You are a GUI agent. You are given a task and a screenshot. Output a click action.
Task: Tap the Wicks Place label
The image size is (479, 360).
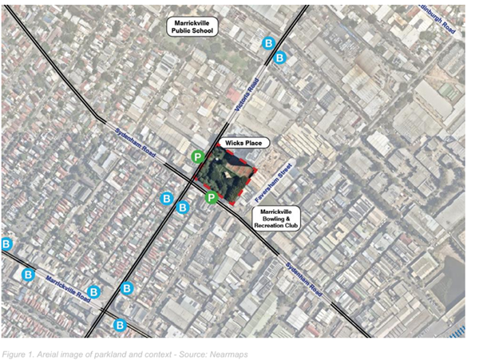[x=244, y=143]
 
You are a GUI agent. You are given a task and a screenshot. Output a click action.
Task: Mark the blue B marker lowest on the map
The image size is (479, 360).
[x=120, y=324]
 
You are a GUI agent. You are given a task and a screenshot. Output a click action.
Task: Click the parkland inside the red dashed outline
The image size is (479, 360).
[x=226, y=177]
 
